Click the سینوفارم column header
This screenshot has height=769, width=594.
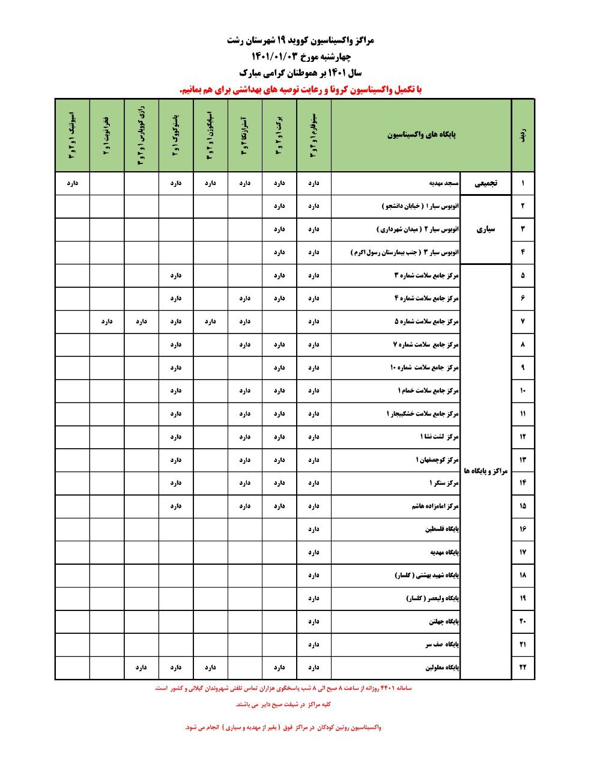coord(314,135)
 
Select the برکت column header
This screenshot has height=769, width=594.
coord(279,135)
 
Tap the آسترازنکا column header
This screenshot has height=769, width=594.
coord(244,135)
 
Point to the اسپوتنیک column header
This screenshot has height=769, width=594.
coord(71,135)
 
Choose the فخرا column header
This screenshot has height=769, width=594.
coord(106,135)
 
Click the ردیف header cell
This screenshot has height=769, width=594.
coord(523,135)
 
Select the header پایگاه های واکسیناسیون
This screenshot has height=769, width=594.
coord(421,135)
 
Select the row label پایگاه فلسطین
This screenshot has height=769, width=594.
coord(442,529)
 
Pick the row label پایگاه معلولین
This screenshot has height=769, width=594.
coord(442,667)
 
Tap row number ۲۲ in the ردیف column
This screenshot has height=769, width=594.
coord(523,667)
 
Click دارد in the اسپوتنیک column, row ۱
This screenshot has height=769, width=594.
coord(71,183)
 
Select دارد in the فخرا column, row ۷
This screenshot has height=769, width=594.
coord(107,321)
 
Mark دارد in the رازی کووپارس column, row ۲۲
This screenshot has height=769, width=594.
coord(141,667)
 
